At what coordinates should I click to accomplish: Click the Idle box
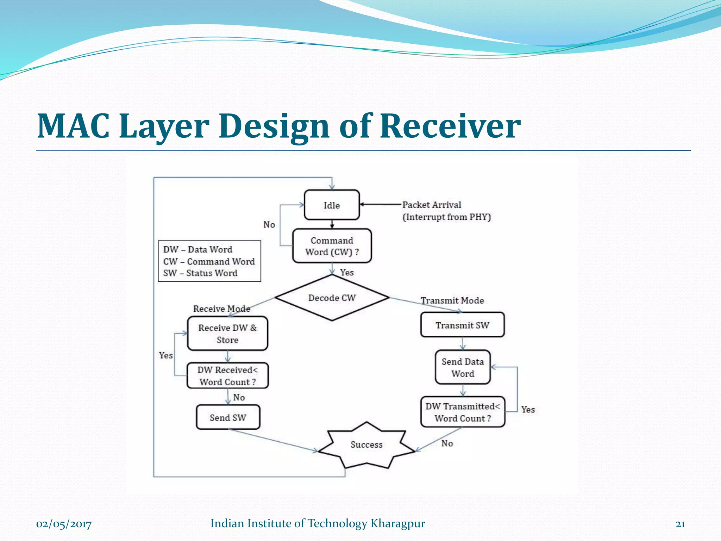pos(332,205)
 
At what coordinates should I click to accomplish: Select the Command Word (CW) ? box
pos(332,246)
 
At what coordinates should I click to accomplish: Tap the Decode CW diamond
pos(332,298)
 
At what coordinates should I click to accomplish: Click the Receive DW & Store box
pos(227,334)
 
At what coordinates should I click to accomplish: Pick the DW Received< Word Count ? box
pos(227,376)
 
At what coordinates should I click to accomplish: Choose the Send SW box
pos(228,417)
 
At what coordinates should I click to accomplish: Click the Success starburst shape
pos(366,445)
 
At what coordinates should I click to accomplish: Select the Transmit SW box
pos(462,325)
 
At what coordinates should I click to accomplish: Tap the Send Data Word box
pos(463,367)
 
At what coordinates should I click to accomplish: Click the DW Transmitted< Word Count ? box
pos(463,412)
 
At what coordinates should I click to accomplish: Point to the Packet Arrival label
pos(432,205)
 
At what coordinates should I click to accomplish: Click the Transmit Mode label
pos(452,300)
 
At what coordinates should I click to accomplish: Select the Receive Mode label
pos(222,309)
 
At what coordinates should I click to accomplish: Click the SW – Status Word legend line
pos(200,273)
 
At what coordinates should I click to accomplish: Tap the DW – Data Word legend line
pos(198,249)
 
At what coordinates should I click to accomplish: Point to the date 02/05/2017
pos(64,524)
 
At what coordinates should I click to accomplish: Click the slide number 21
pos(680,524)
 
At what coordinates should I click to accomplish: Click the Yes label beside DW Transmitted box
pos(528,410)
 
